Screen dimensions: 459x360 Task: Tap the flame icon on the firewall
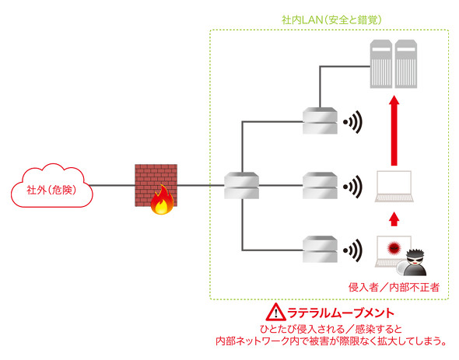[162, 200]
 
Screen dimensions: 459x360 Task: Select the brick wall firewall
[156, 185]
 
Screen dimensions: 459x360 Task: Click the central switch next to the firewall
[241, 186]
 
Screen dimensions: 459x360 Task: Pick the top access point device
[320, 121]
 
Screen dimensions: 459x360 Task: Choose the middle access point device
[320, 186]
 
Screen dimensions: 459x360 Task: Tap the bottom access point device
[320, 250]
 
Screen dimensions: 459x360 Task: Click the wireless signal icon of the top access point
[352, 122]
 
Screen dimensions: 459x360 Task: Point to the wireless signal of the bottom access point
[352, 250]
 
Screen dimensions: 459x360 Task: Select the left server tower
[381, 64]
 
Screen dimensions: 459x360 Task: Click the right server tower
[406, 64]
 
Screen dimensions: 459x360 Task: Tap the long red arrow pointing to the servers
[394, 131]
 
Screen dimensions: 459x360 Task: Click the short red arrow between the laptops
[394, 219]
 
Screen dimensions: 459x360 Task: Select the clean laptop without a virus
[394, 186]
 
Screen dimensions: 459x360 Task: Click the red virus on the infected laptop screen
[394, 248]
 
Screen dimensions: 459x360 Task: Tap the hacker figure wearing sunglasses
[415, 262]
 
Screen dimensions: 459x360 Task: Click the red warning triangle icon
[275, 312]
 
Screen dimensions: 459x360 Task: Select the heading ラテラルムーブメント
[341, 313]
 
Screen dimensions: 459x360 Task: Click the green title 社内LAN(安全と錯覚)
[331, 20]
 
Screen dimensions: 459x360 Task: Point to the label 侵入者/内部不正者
[394, 288]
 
